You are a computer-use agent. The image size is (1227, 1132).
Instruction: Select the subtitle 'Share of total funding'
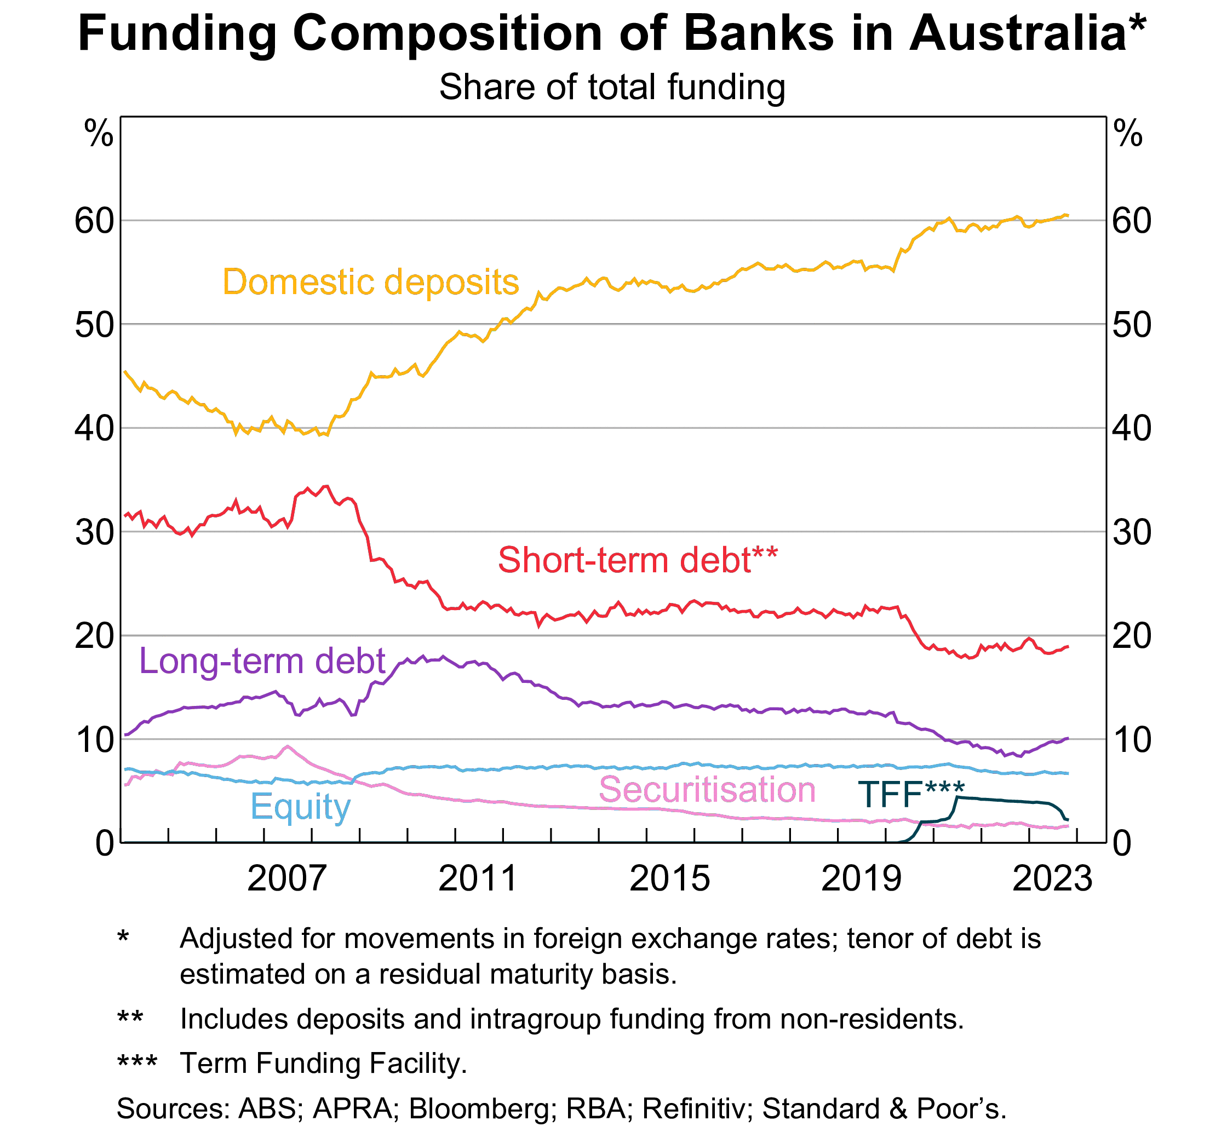point(612,87)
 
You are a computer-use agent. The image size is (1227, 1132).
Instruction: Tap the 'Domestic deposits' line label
point(371,282)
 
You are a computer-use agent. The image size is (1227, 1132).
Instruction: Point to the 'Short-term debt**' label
point(638,560)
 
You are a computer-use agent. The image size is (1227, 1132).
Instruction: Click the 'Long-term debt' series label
point(262,661)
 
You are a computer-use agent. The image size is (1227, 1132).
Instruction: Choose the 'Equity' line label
point(300,807)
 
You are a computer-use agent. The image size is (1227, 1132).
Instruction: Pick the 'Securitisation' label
point(707,790)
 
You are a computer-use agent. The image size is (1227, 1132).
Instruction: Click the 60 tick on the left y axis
point(94,221)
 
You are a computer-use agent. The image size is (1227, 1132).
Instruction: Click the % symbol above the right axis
point(1128,134)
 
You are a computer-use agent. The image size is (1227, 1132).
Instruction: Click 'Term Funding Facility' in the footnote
point(323,1063)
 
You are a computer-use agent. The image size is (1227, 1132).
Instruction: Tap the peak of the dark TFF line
point(957,797)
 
